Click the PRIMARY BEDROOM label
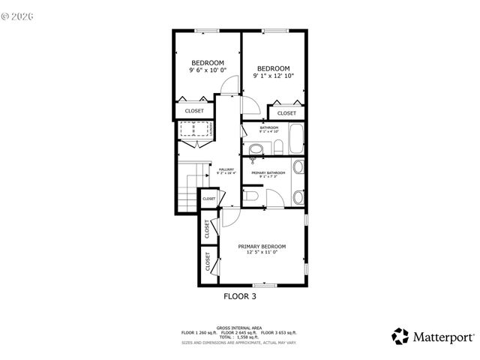coord(262,246)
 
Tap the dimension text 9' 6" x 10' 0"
coord(207,70)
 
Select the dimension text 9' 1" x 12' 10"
coord(272,76)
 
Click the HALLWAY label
coord(226,169)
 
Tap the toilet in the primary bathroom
coord(252,197)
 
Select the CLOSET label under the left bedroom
coord(194,110)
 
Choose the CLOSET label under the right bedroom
coord(286,113)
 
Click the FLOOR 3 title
coord(240,296)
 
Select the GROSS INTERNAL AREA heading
coord(239,328)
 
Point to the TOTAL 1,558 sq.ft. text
coord(239,337)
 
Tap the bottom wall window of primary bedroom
coord(262,285)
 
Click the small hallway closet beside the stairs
coord(208,199)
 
